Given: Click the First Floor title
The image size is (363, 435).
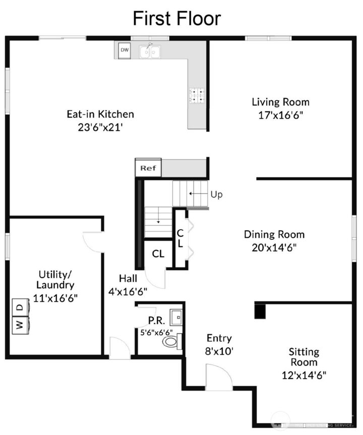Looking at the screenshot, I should click(x=176, y=19).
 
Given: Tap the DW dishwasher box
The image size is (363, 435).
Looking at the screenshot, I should click(x=125, y=50).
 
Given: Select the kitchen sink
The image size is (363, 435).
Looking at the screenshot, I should click(x=150, y=51).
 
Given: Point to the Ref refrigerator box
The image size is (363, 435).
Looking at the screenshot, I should click(x=148, y=168).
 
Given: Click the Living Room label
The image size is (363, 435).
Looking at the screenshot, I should click(x=280, y=102).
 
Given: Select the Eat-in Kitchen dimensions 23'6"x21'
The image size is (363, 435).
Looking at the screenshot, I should click(x=100, y=127).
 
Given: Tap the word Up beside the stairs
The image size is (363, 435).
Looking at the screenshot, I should click(x=216, y=194).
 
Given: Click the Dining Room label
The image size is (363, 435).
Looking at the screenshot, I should click(x=274, y=234).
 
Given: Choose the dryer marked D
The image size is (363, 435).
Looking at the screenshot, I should click(x=19, y=307).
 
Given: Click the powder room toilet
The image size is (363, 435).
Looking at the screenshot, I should click(x=171, y=341).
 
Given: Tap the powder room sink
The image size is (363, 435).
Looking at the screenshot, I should click(x=176, y=318).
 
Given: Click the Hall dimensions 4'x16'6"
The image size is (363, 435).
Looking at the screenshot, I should click(x=128, y=291).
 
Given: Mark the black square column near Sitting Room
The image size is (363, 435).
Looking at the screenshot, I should click(x=260, y=311).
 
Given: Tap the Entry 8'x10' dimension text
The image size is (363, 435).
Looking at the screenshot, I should click(x=219, y=351).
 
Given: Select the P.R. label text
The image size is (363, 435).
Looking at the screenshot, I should click(x=154, y=321).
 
